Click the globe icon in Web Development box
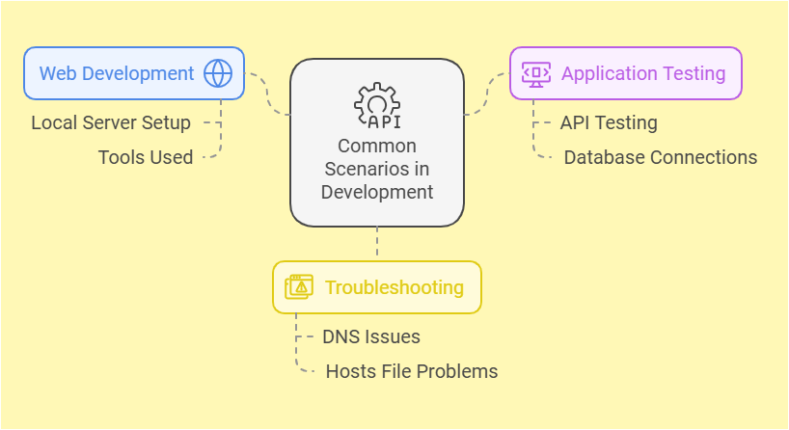[218, 73]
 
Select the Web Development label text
[117, 73]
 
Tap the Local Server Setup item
[111, 122]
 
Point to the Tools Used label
[145, 157]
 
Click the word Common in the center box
[377, 146]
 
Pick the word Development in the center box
[377, 192]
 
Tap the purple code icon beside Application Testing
[536, 73]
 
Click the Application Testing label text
[643, 73]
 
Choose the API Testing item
[609, 122]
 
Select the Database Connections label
[661, 157]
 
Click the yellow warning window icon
[299, 287]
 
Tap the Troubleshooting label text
[394, 287]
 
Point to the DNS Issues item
[370, 336]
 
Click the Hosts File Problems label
[412, 371]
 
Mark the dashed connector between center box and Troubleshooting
[377, 243]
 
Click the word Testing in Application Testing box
[693, 73]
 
